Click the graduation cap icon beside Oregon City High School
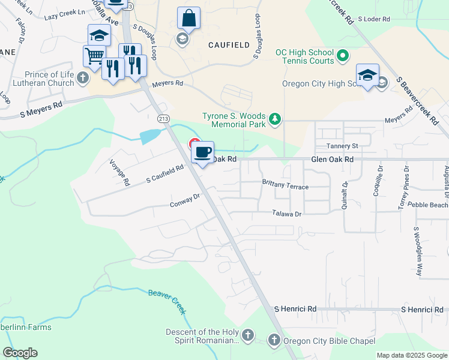tap(367, 74)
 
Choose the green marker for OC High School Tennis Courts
tap(343, 58)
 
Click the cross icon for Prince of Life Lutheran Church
tap(82, 77)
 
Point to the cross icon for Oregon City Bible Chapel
tap(274, 341)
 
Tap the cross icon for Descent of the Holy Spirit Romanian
tap(248, 334)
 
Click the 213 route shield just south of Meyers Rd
tap(163, 119)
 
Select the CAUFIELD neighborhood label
tap(228, 45)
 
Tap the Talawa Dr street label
tap(286, 213)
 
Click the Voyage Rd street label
tap(119, 172)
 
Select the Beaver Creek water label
tap(167, 302)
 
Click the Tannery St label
tap(342, 146)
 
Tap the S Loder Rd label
tap(374, 19)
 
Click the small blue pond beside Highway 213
tap(149, 137)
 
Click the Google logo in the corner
tap(20, 353)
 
